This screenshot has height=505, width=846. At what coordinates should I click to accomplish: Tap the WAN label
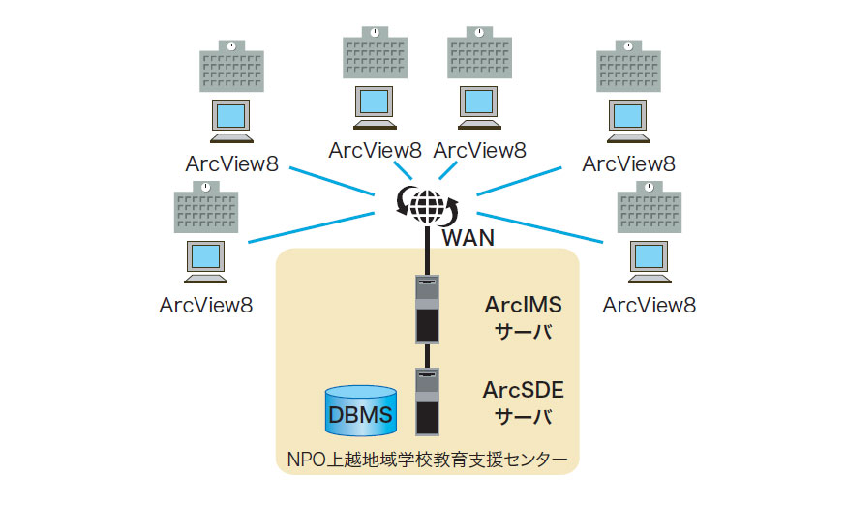point(468,237)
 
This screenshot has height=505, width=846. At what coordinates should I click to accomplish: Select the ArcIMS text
point(523,305)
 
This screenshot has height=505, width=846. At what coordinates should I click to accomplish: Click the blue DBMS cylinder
point(361,411)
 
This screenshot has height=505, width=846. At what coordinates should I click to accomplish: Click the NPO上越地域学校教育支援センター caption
point(426,456)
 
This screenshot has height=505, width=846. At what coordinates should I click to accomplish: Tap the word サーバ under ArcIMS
point(523,332)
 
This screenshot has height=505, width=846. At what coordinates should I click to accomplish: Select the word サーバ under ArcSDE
point(523,417)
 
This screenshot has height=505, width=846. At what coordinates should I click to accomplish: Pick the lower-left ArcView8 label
point(205,305)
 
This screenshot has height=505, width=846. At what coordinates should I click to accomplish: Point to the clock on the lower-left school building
point(205,190)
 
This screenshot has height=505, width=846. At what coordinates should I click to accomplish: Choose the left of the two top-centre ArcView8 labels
point(376,150)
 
